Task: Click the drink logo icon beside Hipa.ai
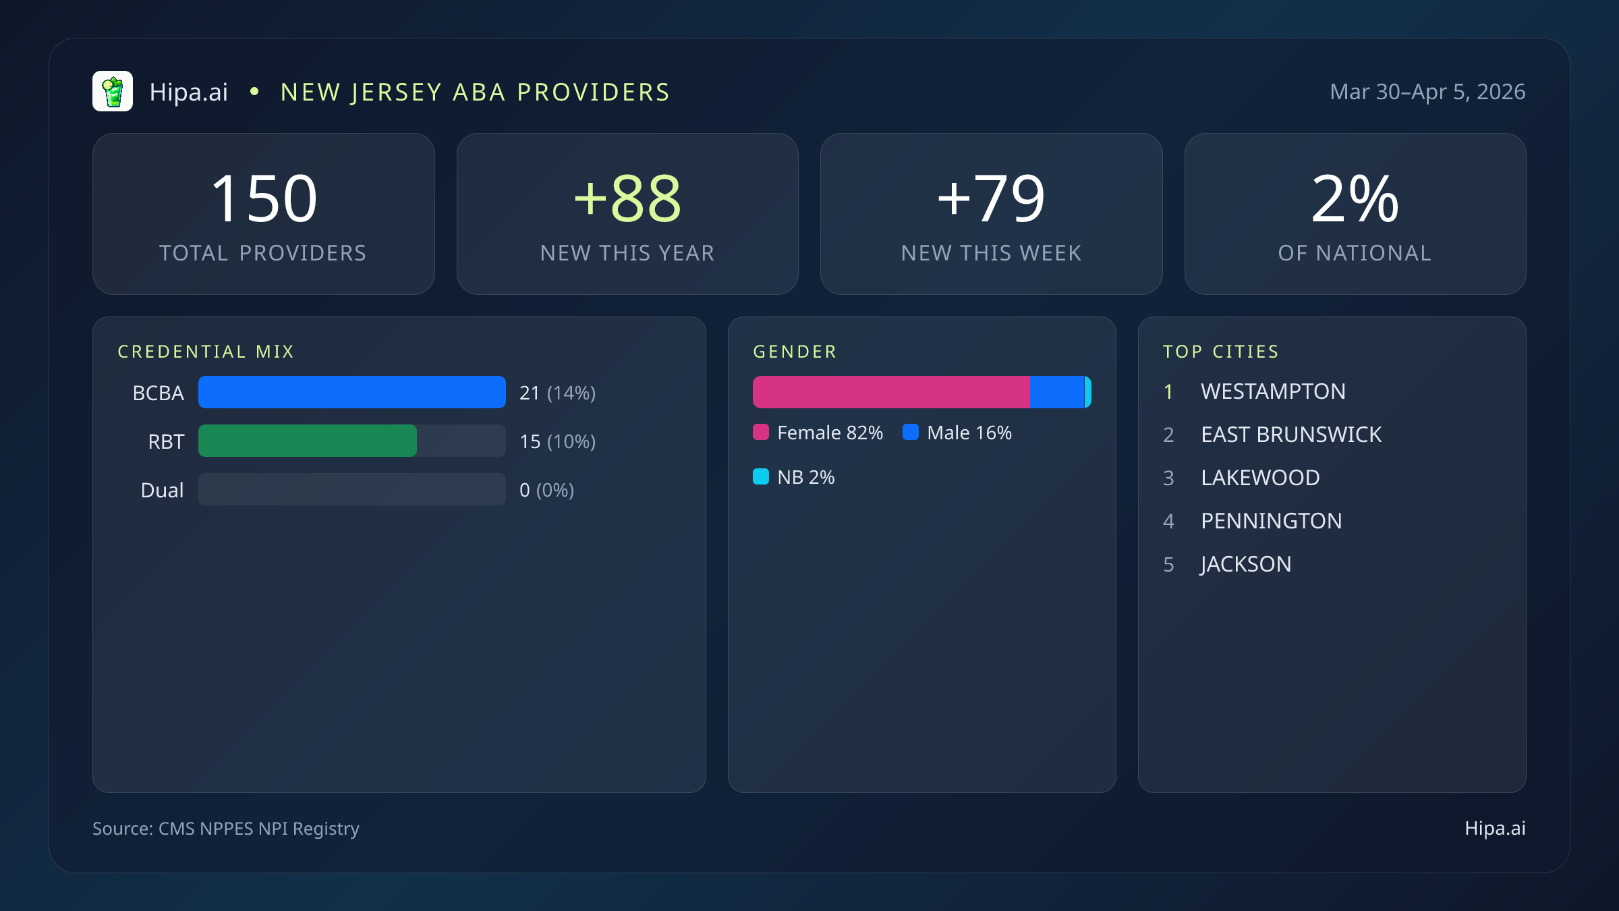pyautogui.click(x=113, y=91)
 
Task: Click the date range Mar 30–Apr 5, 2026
pyautogui.click(x=1427, y=92)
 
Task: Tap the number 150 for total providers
pyautogui.click(x=264, y=198)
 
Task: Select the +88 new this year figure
pyautogui.click(x=627, y=198)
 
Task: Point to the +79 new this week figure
pyautogui.click(x=991, y=198)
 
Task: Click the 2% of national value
pyautogui.click(x=1355, y=198)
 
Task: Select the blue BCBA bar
pyautogui.click(x=351, y=392)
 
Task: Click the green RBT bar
pyautogui.click(x=308, y=441)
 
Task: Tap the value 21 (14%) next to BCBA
pyautogui.click(x=557, y=393)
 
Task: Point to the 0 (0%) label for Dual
pyautogui.click(x=546, y=490)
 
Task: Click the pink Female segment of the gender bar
pyautogui.click(x=891, y=392)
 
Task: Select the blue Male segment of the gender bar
pyautogui.click(x=1056, y=392)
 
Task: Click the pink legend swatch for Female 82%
pyautogui.click(x=761, y=432)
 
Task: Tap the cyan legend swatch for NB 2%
pyautogui.click(x=761, y=476)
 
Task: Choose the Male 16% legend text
pyautogui.click(x=969, y=433)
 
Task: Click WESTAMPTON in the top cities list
pyautogui.click(x=1273, y=391)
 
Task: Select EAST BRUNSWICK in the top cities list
pyautogui.click(x=1290, y=435)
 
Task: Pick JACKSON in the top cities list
pyautogui.click(x=1246, y=564)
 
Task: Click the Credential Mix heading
pyautogui.click(x=206, y=352)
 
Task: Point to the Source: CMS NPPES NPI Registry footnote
pyautogui.click(x=226, y=828)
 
